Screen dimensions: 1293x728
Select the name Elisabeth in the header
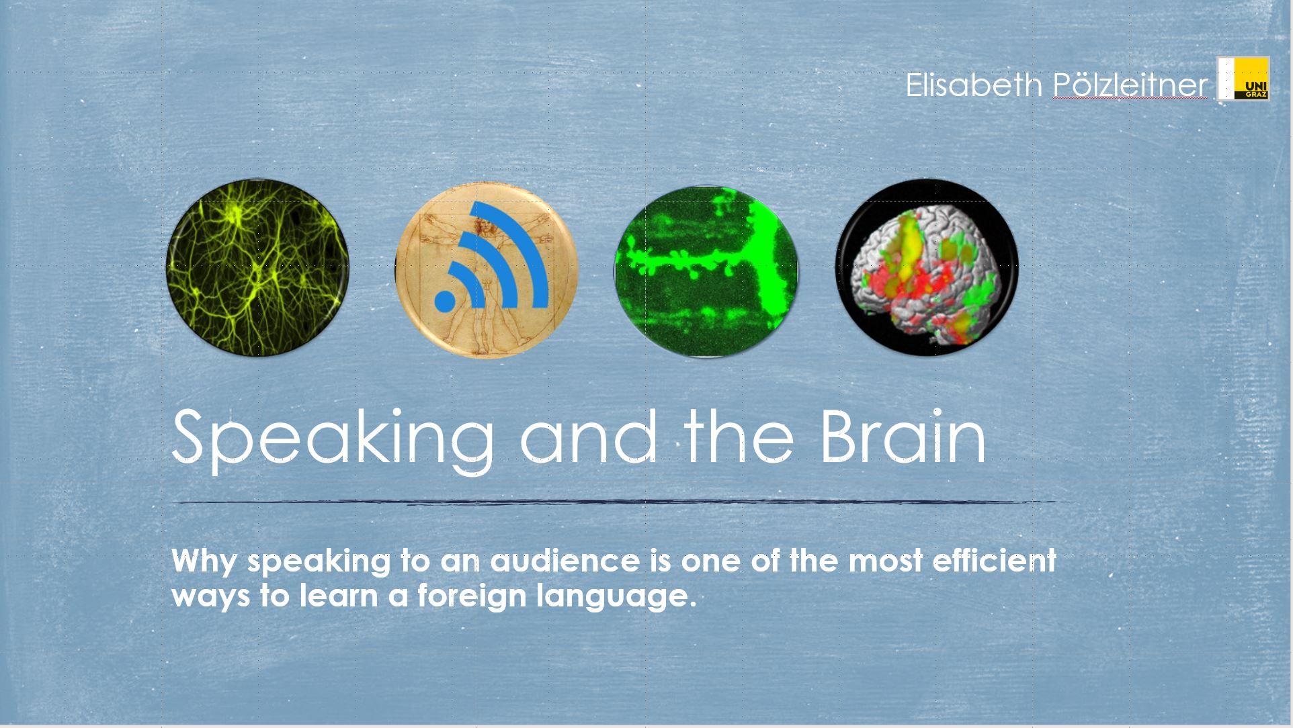[974, 85]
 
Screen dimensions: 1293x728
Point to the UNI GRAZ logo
[1243, 79]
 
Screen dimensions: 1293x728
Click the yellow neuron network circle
[257, 267]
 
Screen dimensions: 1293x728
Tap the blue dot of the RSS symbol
[445, 300]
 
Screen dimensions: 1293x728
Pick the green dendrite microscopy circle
[706, 271]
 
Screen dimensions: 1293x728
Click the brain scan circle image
[927, 267]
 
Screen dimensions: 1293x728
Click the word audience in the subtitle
[565, 561]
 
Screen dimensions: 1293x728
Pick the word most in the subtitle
[885, 561]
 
